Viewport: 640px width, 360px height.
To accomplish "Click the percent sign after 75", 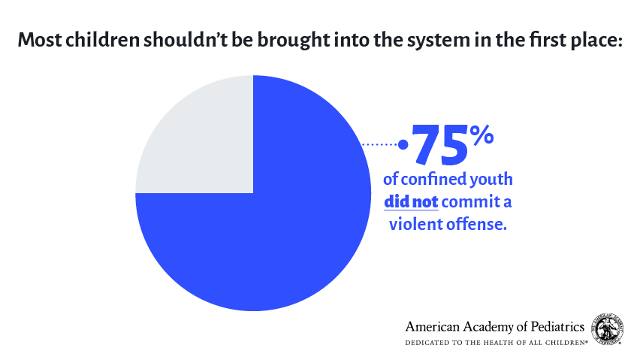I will pos(482,136).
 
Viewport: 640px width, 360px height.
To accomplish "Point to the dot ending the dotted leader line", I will pos(403,144).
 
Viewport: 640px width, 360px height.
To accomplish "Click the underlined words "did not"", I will pos(411,201).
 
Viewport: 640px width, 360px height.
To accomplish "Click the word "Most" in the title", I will pos(40,41).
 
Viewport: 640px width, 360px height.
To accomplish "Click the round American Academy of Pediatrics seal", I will pos(608,328).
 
